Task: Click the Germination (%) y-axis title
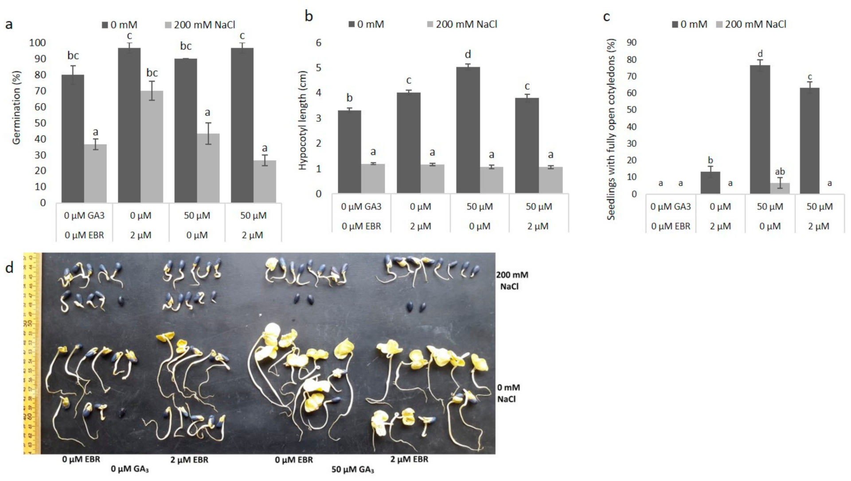coord(16,107)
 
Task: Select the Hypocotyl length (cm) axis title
coord(303,120)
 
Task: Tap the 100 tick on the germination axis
coord(38,43)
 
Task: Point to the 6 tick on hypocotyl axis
coord(318,43)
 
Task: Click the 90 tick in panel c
coord(632,43)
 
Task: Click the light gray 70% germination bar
coord(152,146)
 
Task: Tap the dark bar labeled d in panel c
coord(760,129)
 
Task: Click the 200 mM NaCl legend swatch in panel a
coord(168,25)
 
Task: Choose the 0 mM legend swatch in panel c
coord(675,24)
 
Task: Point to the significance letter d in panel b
coord(468,55)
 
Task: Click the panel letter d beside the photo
coord(9,268)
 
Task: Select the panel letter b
coord(309,16)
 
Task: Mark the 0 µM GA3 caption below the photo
coord(129,469)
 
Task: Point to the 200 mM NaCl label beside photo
coord(512,280)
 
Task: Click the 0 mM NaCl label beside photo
coord(508,393)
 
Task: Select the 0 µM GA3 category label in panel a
coord(84,216)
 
